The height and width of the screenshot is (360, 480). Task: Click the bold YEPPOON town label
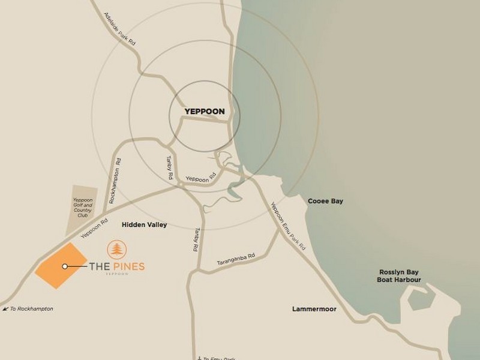tap(205, 112)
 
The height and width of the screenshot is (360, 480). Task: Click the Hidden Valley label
tap(144, 225)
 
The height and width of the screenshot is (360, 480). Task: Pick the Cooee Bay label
tap(325, 202)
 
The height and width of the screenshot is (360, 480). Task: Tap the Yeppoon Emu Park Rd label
tap(288, 225)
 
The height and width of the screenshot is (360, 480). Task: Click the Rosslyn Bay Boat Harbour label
tap(399, 275)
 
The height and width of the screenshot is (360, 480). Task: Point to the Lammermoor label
tap(314, 309)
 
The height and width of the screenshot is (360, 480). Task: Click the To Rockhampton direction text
tap(32, 309)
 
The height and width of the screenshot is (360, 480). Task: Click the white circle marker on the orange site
tap(65, 266)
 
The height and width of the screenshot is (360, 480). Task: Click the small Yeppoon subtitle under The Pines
tap(116, 274)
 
